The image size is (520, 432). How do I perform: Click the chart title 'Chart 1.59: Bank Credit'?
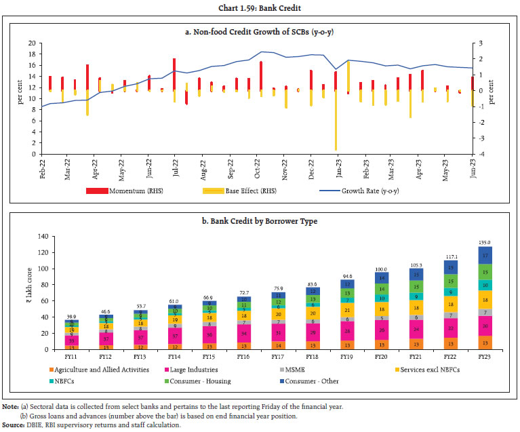(x=260, y=7)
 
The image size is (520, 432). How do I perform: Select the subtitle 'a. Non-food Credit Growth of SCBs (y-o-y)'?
(x=260, y=32)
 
